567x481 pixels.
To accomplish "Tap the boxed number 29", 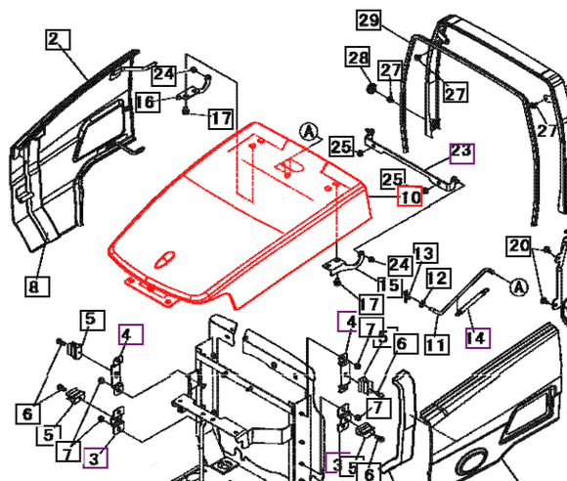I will (x=368, y=21).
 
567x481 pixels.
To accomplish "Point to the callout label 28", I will (x=357, y=59).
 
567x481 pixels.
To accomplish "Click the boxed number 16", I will (x=145, y=102).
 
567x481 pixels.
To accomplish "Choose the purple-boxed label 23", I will (x=460, y=152).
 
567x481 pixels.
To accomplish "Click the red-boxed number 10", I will (x=409, y=197).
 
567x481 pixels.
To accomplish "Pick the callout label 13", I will (x=422, y=254).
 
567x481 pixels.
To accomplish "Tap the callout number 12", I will (x=436, y=280).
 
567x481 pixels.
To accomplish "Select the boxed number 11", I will (x=435, y=344).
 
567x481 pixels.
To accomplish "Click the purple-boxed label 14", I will (x=476, y=339).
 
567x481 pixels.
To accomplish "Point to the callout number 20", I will (x=519, y=244).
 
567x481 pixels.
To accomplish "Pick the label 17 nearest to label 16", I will (x=221, y=119).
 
